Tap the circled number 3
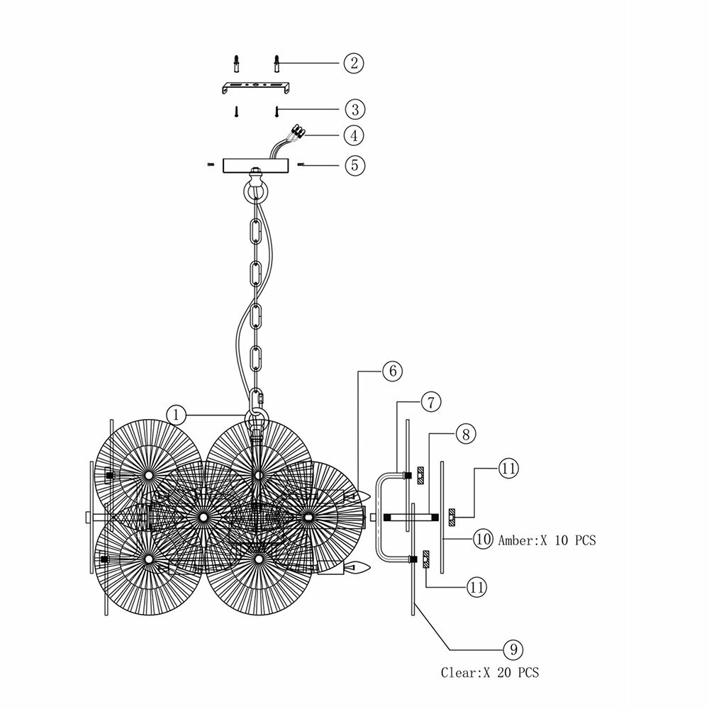click(354, 109)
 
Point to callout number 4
click(354, 135)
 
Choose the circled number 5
click(354, 164)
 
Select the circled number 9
click(513, 649)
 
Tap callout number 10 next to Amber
click(484, 540)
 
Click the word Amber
click(515, 540)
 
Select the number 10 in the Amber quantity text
click(562, 540)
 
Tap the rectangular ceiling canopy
click(256, 164)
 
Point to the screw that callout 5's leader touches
click(301, 164)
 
